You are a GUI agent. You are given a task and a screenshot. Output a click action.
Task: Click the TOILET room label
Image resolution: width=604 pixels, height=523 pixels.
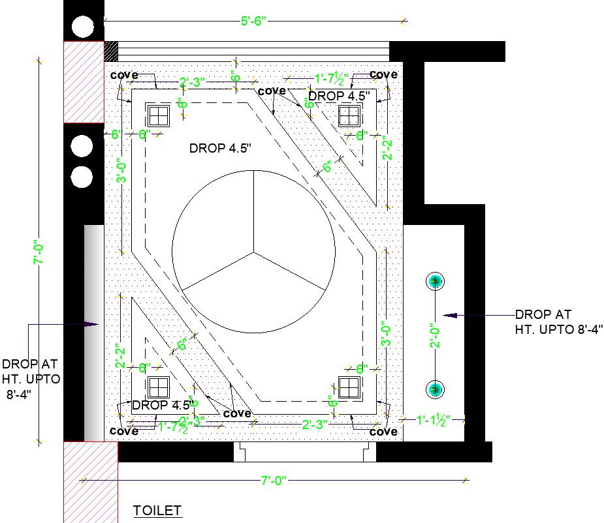tap(157, 511)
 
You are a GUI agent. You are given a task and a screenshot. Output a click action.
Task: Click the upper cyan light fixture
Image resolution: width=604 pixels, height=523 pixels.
tap(436, 282)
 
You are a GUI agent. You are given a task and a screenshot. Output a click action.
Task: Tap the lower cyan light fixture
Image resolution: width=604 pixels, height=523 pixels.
tap(436, 389)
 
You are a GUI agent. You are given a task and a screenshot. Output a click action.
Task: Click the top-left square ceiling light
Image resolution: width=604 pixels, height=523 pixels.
tap(158, 116)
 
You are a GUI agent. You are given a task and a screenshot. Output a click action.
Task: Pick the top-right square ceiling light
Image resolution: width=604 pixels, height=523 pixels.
tap(349, 116)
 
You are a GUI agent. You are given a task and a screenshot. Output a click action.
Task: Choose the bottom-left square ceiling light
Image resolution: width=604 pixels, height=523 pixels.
tap(158, 387)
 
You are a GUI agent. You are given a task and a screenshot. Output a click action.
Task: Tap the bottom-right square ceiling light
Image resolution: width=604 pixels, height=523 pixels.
tap(349, 387)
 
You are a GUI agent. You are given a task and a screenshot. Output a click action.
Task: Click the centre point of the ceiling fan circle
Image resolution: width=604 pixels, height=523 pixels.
tap(254, 251)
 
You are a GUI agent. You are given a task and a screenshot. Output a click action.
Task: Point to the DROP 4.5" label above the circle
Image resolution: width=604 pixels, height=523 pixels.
tap(220, 148)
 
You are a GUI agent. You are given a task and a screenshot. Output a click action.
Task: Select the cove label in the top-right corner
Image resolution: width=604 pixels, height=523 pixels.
tap(383, 74)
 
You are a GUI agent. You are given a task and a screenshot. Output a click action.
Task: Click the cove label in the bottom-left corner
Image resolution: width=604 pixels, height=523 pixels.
tap(124, 431)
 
